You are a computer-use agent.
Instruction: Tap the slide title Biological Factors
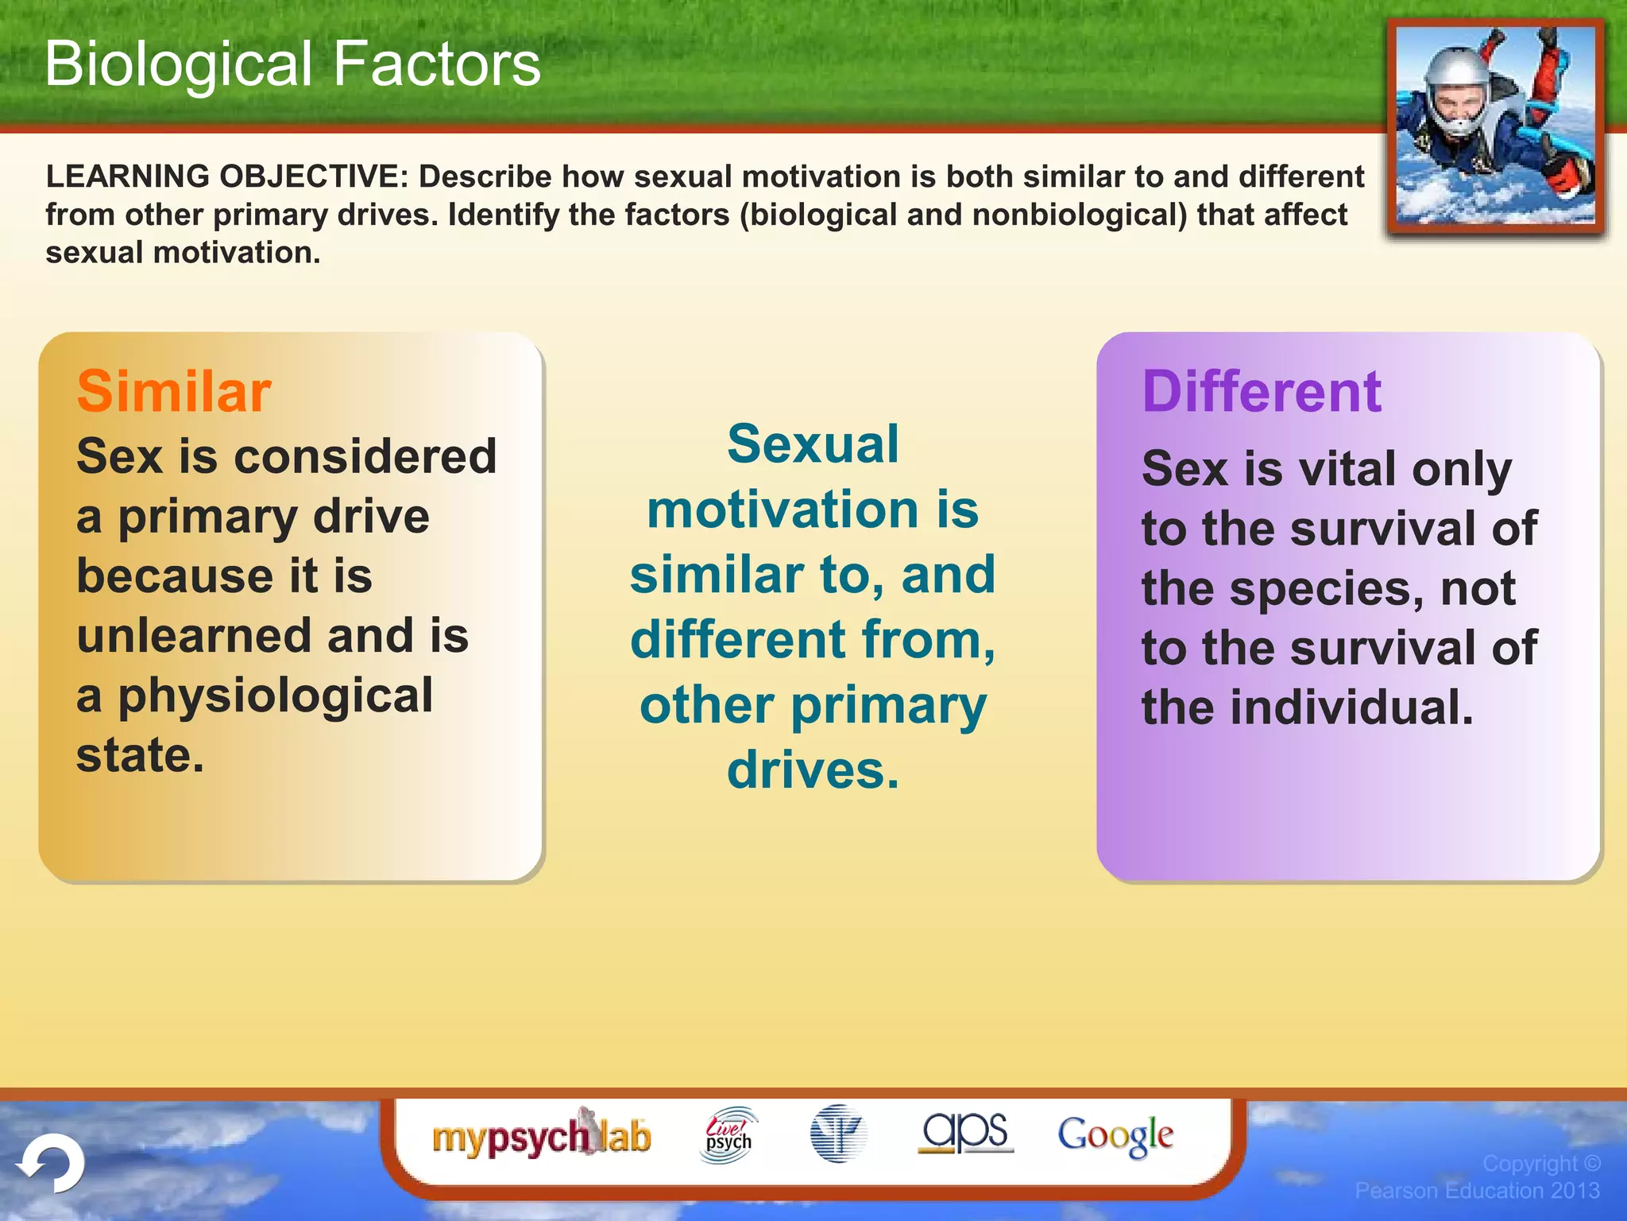292,64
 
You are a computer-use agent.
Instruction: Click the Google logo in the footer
1115,1135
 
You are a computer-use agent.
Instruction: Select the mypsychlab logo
541,1135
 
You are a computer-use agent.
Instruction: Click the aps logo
965,1132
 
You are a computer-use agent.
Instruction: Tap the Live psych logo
728,1135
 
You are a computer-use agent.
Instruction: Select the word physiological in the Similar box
275,696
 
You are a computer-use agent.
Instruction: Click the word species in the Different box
1327,589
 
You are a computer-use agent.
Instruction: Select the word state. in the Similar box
140,755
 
